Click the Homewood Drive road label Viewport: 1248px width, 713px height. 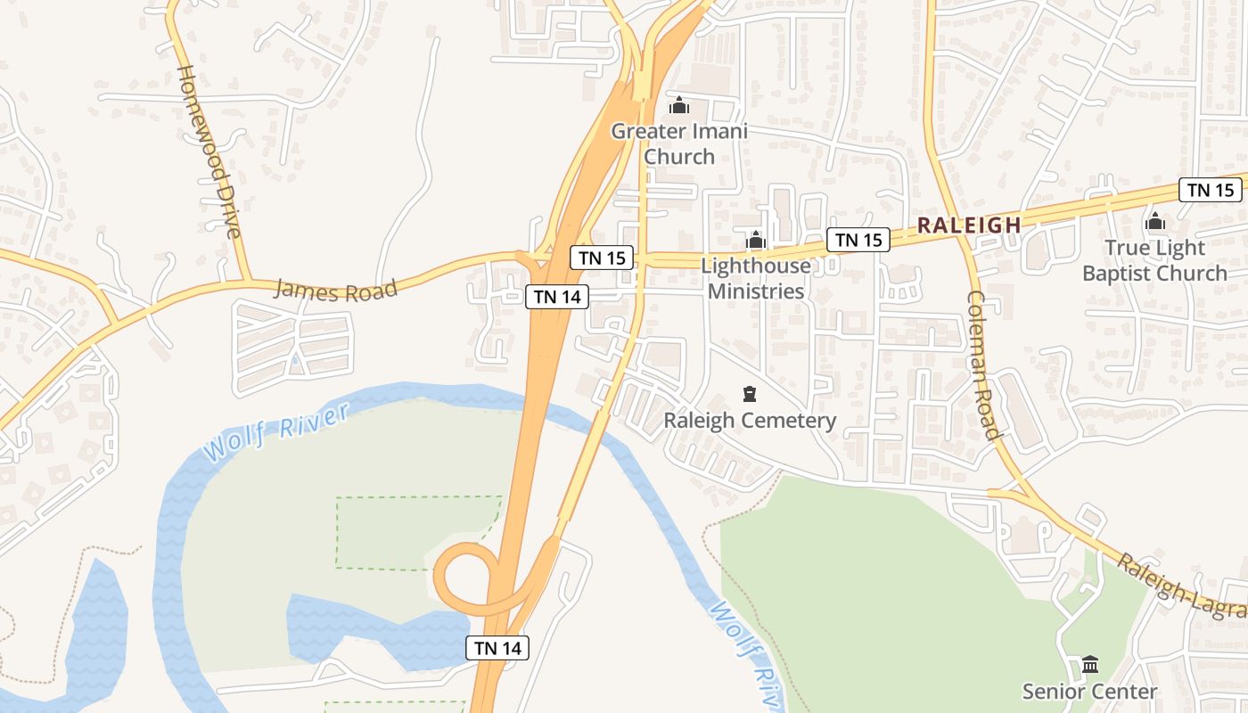pos(209,152)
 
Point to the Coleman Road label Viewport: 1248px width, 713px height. pos(982,365)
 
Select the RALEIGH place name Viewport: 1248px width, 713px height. pos(969,225)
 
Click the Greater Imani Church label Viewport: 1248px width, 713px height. pos(679,143)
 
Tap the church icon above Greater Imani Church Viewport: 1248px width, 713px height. pos(679,106)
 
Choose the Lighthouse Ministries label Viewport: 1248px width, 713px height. pos(756,278)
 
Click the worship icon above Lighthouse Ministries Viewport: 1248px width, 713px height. pos(756,240)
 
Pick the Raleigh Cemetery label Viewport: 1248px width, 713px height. pos(750,421)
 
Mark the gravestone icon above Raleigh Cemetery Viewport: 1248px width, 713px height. pos(750,393)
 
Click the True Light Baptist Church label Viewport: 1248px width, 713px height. pos(1154,260)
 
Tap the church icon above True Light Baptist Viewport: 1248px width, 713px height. pos(1155,221)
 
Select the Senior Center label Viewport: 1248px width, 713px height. pos(1089,692)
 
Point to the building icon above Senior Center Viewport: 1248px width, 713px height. pos(1089,664)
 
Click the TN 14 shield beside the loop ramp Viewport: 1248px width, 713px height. pos(497,648)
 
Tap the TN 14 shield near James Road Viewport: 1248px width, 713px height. pos(557,297)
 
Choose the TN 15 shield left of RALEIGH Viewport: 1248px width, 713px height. pos(858,240)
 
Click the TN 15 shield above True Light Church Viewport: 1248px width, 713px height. pos(1211,190)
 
